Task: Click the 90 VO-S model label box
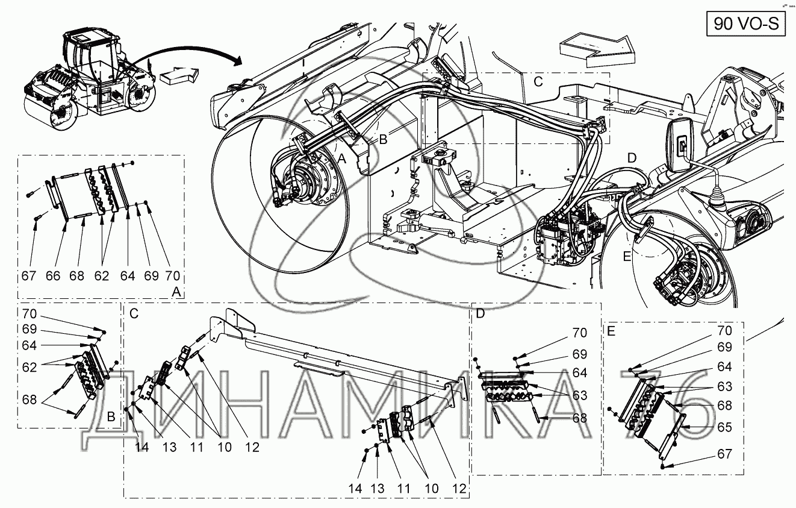[x=746, y=24]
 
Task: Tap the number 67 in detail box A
[x=29, y=276]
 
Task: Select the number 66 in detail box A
[x=53, y=276]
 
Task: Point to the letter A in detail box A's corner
[x=176, y=292]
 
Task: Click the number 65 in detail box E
[x=724, y=427]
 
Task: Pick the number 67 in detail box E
[x=724, y=454]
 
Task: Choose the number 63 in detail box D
[x=580, y=395]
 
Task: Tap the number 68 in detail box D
[x=580, y=418]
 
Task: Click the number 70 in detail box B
[x=29, y=314]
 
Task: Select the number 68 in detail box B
[x=29, y=400]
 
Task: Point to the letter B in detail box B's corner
[x=111, y=416]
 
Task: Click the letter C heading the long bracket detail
[x=134, y=314]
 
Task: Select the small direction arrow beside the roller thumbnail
[x=179, y=75]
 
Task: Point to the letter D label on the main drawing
[x=632, y=158]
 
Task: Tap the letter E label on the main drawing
[x=627, y=256]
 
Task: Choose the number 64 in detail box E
[x=724, y=367]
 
